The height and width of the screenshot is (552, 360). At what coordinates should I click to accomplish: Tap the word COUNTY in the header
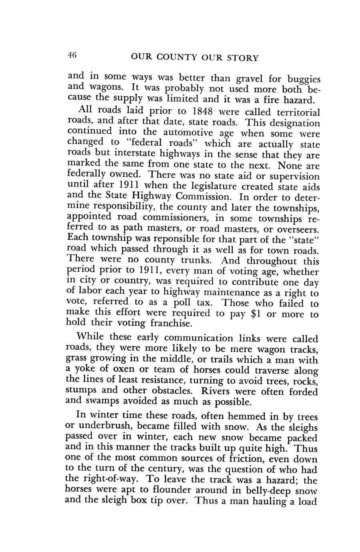170,58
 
